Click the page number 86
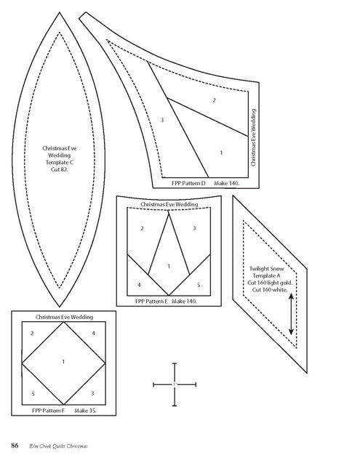15,445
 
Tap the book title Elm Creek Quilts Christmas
58,446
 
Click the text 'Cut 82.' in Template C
59,169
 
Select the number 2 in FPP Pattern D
214,100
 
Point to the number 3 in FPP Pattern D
162,120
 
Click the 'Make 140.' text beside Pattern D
226,183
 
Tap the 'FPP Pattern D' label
188,183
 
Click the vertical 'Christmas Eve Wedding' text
253,137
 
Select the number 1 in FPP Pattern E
169,267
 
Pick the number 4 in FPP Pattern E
139,285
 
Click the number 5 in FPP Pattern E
199,285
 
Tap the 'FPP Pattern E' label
151,302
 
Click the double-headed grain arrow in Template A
291,314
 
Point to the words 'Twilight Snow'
266,269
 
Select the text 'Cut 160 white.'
270,290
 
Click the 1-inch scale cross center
175,384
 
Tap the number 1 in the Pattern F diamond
63,362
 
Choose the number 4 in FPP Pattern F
93,333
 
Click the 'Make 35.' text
85,411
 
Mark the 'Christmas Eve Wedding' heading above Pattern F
64,317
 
